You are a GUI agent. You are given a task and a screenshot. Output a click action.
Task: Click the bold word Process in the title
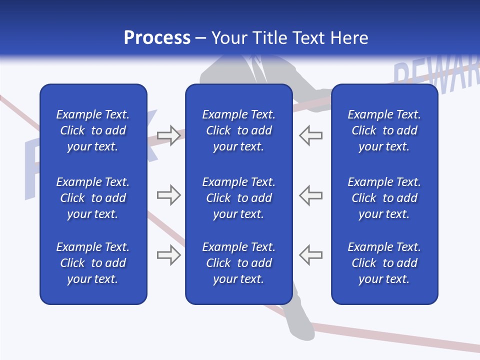[x=157, y=37]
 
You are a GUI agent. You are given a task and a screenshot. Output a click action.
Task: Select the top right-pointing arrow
[x=168, y=135]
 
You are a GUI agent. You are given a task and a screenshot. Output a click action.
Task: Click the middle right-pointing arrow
[x=168, y=195]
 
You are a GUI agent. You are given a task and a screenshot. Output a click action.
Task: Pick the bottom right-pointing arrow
[x=168, y=255]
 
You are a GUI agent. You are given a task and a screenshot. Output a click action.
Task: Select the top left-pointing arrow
[x=311, y=135]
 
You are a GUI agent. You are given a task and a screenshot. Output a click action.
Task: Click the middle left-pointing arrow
[x=311, y=195]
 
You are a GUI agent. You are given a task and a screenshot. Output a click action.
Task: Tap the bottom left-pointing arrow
[x=311, y=255]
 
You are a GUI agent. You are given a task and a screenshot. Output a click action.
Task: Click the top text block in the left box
[x=93, y=130]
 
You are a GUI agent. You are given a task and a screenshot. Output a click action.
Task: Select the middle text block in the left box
[x=93, y=198]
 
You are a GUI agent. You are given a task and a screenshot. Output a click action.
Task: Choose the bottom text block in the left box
[x=93, y=263]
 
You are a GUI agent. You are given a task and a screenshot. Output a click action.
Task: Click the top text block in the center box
[x=238, y=130]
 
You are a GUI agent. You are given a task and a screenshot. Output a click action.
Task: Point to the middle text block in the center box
[x=238, y=198]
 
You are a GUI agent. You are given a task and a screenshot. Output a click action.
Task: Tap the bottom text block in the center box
[x=238, y=263]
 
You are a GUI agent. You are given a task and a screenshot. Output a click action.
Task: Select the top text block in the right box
[x=384, y=130]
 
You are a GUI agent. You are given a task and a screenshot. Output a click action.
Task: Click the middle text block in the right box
[x=384, y=198]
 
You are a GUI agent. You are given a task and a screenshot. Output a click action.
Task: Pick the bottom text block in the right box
[x=384, y=263]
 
